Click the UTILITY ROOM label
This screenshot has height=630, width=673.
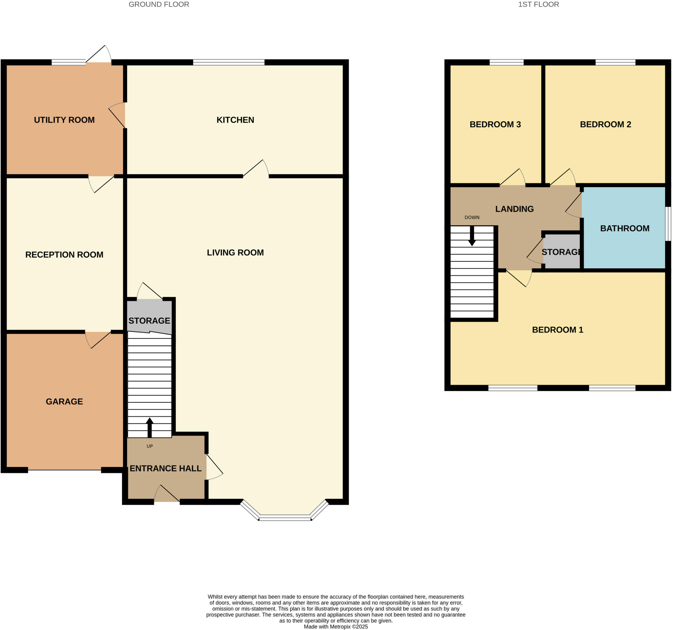64,120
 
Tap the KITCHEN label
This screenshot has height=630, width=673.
235,120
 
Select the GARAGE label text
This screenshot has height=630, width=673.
64,401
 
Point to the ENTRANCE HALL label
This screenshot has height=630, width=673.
166,468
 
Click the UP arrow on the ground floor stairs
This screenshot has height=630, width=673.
149,427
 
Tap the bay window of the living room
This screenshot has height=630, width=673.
285,517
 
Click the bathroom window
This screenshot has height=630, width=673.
668,224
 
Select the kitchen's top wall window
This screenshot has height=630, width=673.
228,62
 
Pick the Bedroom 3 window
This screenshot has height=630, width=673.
506,62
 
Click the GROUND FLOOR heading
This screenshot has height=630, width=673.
159,4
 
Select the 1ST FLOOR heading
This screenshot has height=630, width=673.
538,4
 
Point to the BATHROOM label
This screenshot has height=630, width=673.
625,228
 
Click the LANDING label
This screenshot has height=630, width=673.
514,209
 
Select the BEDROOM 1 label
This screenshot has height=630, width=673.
558,329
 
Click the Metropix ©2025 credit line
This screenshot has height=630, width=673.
336,627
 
